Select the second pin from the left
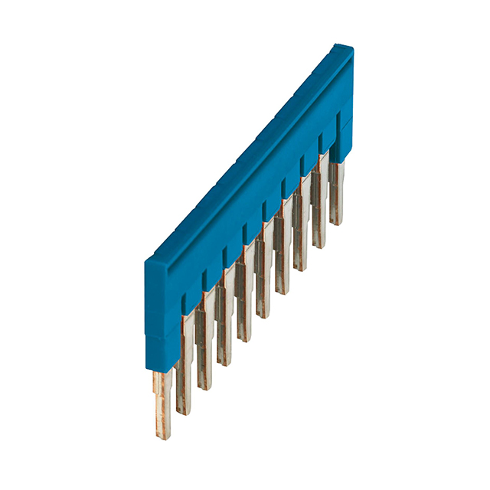coord(184,379)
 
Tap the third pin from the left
coord(204,356)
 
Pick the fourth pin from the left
coord(224,333)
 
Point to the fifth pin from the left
coord(243,310)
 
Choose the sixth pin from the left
coord(263,287)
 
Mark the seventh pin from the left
coord(282,264)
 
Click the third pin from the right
coord(300,241)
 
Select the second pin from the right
coord(318,218)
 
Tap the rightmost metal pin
coord(335,195)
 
